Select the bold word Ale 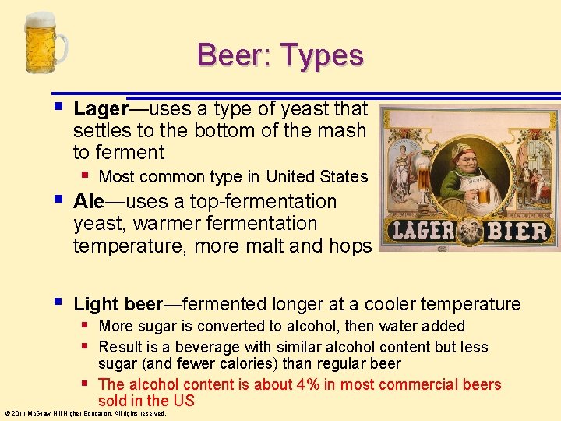[88, 201]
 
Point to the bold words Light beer [118, 304]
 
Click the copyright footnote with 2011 [84, 413]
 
